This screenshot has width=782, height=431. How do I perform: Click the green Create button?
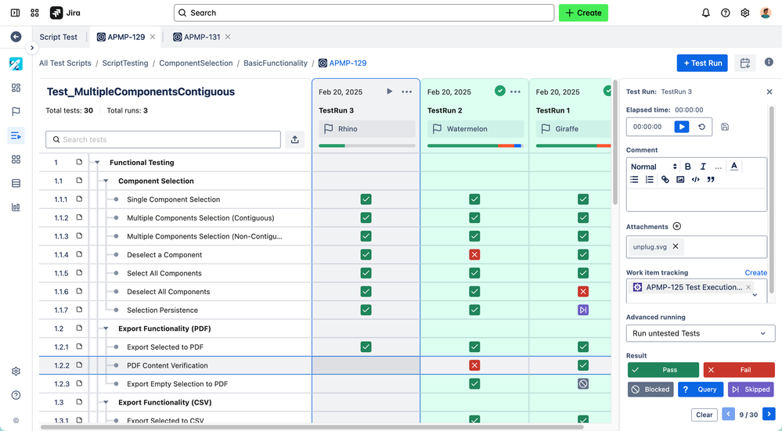coord(583,13)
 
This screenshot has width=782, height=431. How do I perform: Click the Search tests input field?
coord(163,139)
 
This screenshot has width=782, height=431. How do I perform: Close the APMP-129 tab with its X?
coord(153,37)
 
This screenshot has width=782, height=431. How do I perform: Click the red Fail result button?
coord(738,370)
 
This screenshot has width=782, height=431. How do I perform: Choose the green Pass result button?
coord(663,370)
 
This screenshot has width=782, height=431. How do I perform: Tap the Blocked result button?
coord(650,389)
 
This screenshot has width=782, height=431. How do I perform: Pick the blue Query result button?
coord(700,389)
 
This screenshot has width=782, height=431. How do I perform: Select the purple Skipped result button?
coord(751,389)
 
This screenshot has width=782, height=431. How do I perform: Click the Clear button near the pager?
coord(704,415)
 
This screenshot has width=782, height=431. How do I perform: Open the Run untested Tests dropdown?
coord(700,333)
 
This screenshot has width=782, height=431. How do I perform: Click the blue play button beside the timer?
coord(681,127)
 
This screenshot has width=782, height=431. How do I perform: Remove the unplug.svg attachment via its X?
coord(676,246)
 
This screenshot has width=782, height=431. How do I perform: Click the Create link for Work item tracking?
coord(755,273)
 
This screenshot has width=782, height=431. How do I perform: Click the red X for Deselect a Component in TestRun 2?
coord(474,255)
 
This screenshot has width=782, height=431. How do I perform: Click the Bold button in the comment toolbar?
coord(688,167)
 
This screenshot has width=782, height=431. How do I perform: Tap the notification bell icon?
coord(706,13)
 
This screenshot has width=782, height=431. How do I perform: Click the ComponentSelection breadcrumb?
coord(196,63)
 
